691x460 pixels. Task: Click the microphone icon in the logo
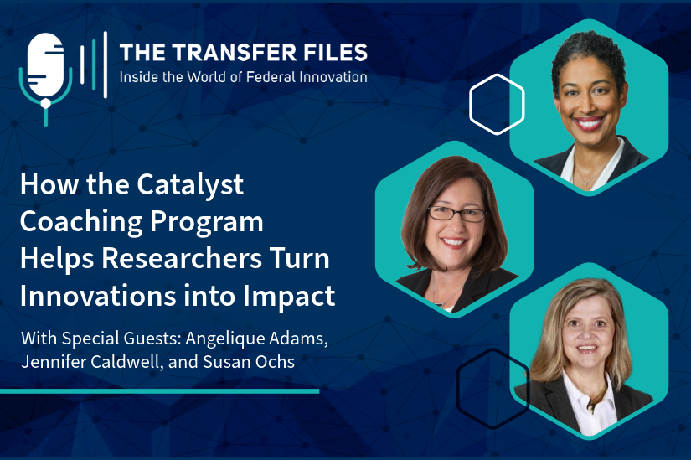click(45, 75)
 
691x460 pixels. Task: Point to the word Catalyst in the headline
click(190, 185)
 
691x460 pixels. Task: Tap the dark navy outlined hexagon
click(458, 389)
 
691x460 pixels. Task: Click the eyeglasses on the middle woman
click(457, 214)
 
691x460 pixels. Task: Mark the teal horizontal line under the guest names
click(159, 391)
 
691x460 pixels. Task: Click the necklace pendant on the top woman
click(584, 182)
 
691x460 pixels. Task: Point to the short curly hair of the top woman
click(588, 55)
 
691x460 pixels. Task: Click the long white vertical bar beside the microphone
click(106, 65)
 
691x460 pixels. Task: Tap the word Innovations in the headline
click(98, 296)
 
